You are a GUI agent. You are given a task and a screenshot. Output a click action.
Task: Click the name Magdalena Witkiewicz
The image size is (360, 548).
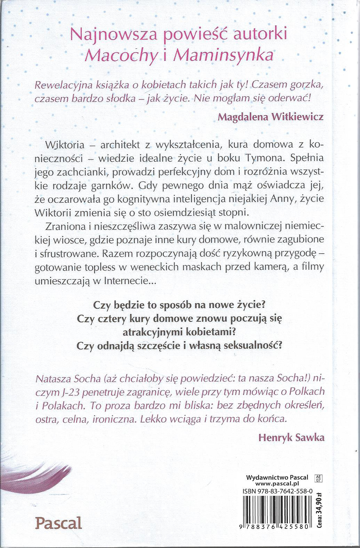pos(271,116)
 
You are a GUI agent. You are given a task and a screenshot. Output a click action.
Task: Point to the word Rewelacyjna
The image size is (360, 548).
pos(59,85)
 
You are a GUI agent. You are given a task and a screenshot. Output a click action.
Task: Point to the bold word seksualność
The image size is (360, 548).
pos(253,346)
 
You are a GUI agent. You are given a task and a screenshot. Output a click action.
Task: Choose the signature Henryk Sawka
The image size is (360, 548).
pos(291,437)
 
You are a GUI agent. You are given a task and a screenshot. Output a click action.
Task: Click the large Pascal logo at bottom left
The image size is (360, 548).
pos(59,523)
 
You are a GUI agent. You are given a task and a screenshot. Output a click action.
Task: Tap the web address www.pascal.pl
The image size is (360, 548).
pos(278,483)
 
